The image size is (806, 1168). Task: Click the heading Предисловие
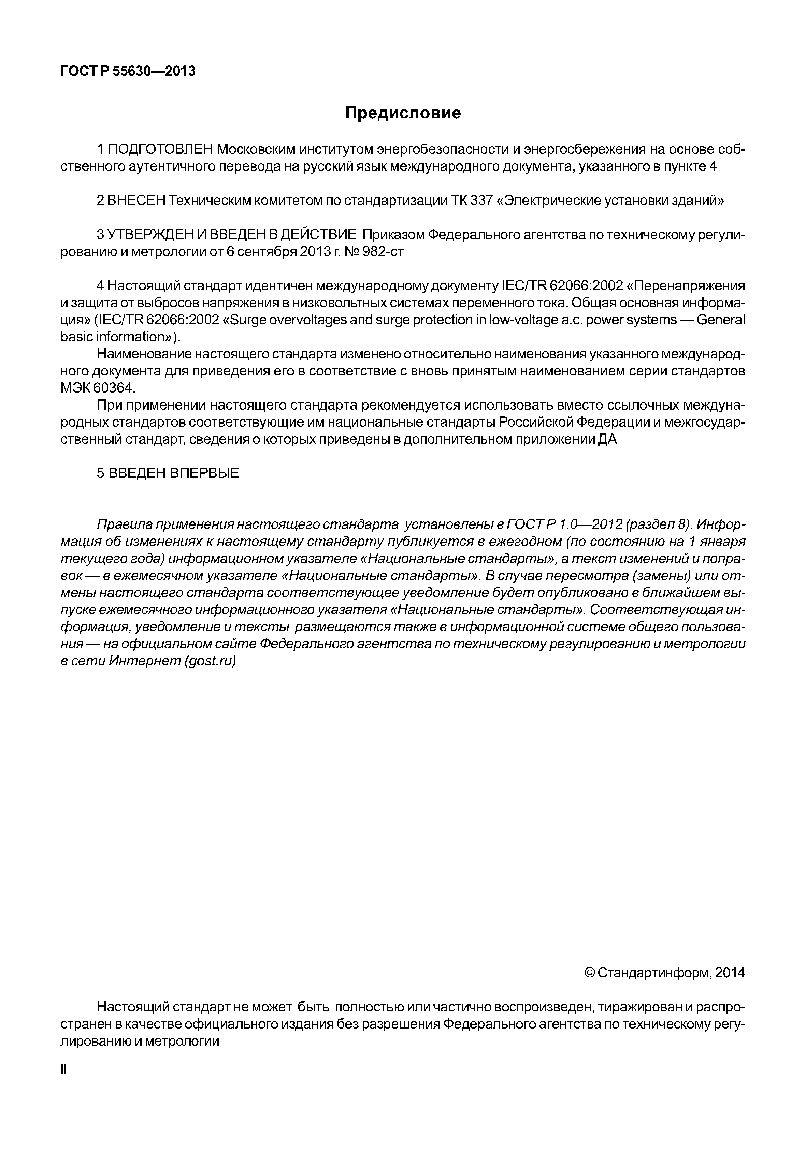tap(403, 113)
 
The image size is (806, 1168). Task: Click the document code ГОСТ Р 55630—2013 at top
tap(128, 72)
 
